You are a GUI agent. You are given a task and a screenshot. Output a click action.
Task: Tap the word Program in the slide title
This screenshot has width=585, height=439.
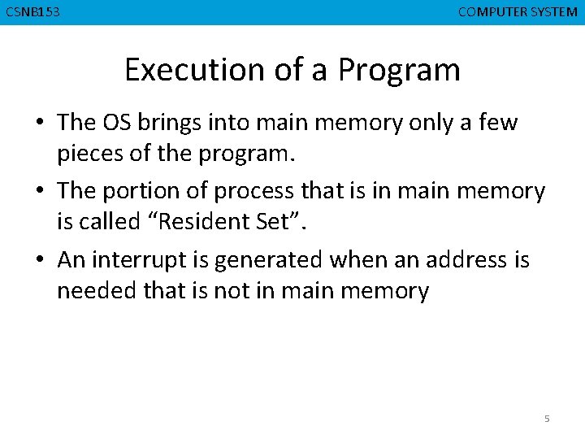click(399, 72)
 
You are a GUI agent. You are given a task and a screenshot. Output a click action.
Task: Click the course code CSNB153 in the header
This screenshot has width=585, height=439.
click(32, 12)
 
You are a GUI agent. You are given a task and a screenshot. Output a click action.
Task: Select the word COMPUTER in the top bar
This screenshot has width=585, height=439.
click(492, 12)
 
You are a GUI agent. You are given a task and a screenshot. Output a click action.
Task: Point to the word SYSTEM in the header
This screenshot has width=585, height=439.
click(554, 12)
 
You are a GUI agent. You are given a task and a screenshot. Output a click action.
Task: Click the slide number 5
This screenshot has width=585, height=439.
click(547, 419)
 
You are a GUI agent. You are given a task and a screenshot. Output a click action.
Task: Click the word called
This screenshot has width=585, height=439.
click(113, 221)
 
